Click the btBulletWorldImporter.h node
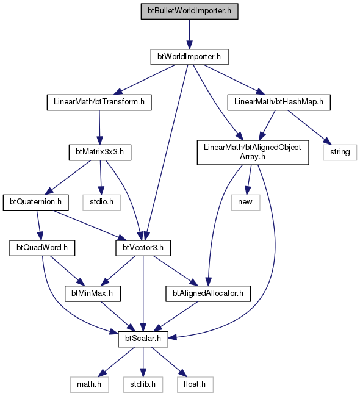[x=190, y=11]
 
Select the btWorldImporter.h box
[x=190, y=57]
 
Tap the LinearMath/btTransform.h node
[x=99, y=102]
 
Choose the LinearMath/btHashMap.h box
[x=279, y=102]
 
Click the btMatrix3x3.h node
[x=100, y=153]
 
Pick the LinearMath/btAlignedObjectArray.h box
[x=253, y=153]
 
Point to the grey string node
[x=340, y=153]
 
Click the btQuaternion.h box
[x=35, y=202]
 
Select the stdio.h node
[x=101, y=202]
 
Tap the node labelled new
[x=245, y=202]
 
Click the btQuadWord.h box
[x=42, y=248]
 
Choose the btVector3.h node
[x=143, y=248]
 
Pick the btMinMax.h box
[x=93, y=293]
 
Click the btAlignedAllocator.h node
[x=208, y=293]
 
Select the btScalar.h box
[x=143, y=339]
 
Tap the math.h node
[x=90, y=384]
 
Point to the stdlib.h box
[x=143, y=384]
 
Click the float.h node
[x=195, y=384]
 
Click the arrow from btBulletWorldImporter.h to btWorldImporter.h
[x=190, y=34]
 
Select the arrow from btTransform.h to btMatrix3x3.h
[x=99, y=128]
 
